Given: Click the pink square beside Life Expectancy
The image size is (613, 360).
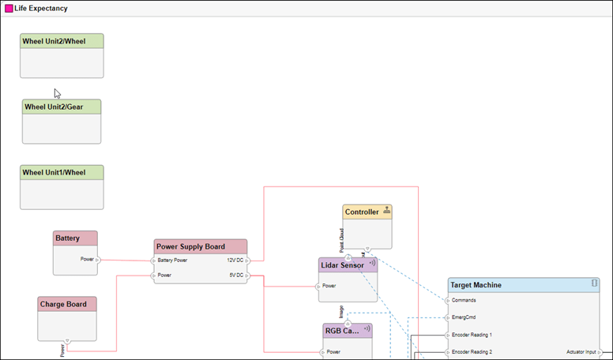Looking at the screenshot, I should point(9,9).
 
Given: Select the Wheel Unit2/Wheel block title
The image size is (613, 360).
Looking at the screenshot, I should point(54,41).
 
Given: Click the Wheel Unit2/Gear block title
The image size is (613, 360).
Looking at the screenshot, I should point(53,107).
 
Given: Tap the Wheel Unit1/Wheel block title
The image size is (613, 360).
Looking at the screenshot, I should point(54,172).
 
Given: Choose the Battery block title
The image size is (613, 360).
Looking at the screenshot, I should point(67,238).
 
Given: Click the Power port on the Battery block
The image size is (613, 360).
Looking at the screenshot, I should point(88,259).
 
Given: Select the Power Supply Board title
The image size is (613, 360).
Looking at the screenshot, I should point(190,246).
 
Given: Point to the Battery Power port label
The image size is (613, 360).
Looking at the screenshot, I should point(172,261).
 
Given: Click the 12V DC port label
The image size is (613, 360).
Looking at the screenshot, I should point(235,261).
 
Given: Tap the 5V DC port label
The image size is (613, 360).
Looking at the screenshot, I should point(236,276).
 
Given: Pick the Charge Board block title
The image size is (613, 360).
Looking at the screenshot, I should point(61,304).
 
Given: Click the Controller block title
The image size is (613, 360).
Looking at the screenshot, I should point(362,212).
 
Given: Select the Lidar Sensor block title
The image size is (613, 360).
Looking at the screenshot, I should point(342,265).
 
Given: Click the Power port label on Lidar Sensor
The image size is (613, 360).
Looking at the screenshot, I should point(329,286).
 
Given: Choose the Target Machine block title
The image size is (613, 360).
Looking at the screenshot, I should point(475,285).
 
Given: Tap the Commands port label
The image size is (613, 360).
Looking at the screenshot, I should point(464,300).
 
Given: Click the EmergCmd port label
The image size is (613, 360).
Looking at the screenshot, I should point(464,317).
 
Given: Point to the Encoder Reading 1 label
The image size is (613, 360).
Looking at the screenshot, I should point(472,335).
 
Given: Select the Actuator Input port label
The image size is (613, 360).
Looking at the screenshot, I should point(581,351).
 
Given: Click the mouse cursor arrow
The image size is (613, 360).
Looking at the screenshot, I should point(57,93).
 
